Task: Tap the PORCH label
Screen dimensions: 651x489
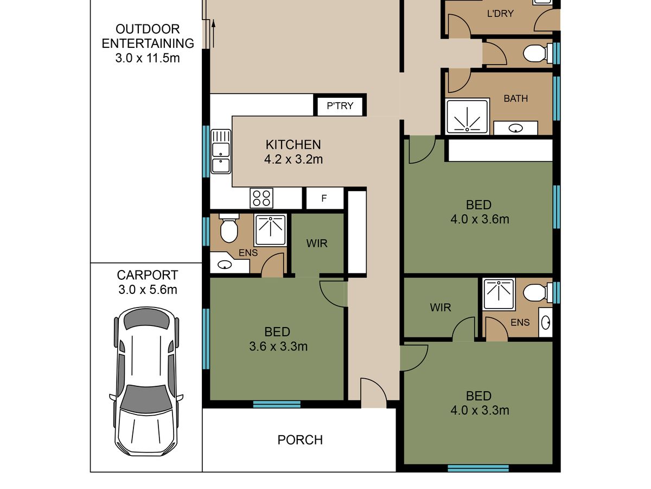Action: (300, 440)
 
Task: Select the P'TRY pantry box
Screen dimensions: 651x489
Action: (340, 106)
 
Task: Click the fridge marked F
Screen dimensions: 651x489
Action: (324, 198)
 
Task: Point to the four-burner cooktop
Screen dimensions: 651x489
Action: (261, 198)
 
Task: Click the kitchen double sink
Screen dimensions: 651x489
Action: (221, 152)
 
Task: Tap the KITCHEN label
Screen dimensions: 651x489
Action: (293, 145)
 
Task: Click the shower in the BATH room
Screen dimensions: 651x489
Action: (468, 117)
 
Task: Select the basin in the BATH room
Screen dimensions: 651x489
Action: (515, 128)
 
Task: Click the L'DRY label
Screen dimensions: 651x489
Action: (500, 14)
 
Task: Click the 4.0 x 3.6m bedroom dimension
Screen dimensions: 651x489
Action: (480, 220)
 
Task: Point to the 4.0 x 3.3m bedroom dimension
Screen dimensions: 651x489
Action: (480, 410)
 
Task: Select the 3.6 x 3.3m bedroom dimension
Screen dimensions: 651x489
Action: (278, 347)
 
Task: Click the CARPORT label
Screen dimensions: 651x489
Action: (148, 275)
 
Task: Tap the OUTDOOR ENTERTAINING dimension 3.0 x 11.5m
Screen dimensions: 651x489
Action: (148, 58)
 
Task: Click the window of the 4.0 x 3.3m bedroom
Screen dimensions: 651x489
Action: (478, 468)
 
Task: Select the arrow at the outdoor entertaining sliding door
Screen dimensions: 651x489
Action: (213, 34)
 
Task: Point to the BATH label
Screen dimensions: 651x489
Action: (516, 98)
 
